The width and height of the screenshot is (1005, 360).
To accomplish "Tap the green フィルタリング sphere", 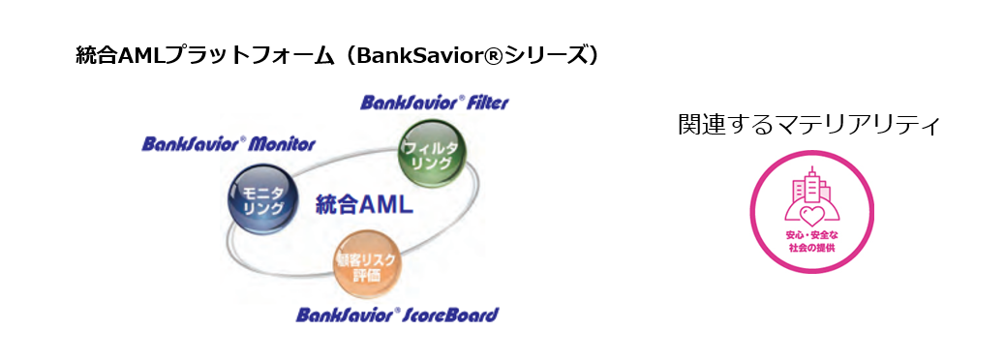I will point(433,154).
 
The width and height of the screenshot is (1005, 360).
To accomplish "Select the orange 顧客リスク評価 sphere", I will point(366,264).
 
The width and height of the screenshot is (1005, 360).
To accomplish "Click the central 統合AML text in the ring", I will point(364,205).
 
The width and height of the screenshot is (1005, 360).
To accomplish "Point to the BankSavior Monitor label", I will point(228,144).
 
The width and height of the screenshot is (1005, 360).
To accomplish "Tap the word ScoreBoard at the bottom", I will point(451,315).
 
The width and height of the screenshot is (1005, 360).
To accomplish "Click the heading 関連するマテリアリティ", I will point(808,125).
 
